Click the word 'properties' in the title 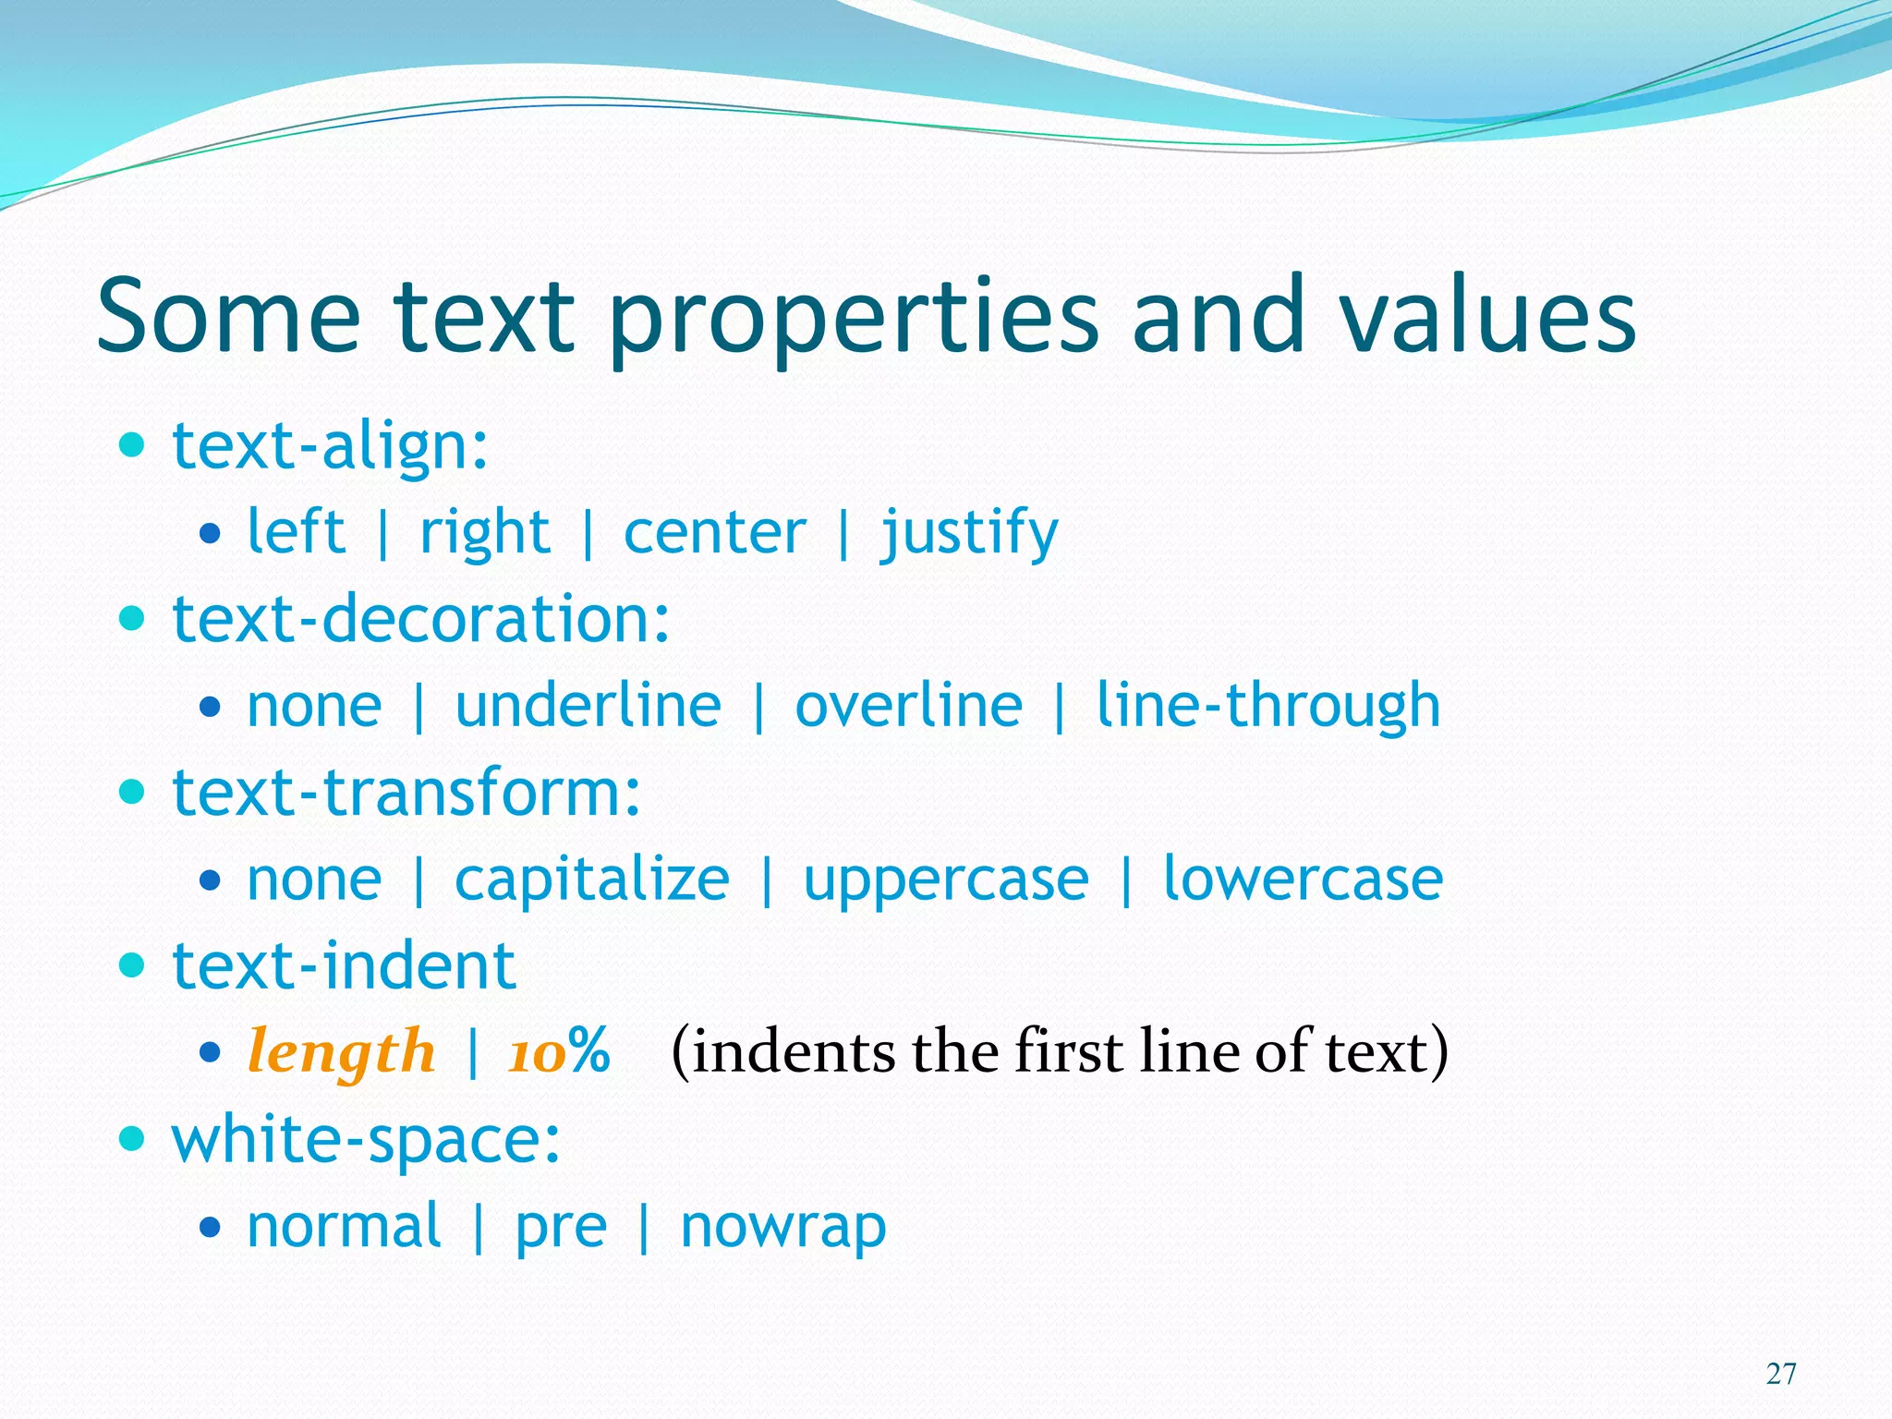[854, 319]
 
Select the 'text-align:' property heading [330, 446]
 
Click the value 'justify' [969, 533]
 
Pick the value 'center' [714, 533]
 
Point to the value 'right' [485, 533]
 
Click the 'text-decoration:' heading [421, 619]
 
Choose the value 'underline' [588, 706]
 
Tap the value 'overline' [908, 706]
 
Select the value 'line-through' [1267, 706]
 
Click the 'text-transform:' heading [406, 793]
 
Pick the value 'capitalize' [591, 879]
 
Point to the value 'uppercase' [946, 879]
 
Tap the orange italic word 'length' [341, 1052]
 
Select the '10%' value [559, 1051]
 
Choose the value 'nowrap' [783, 1227]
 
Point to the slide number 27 [1781, 1374]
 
